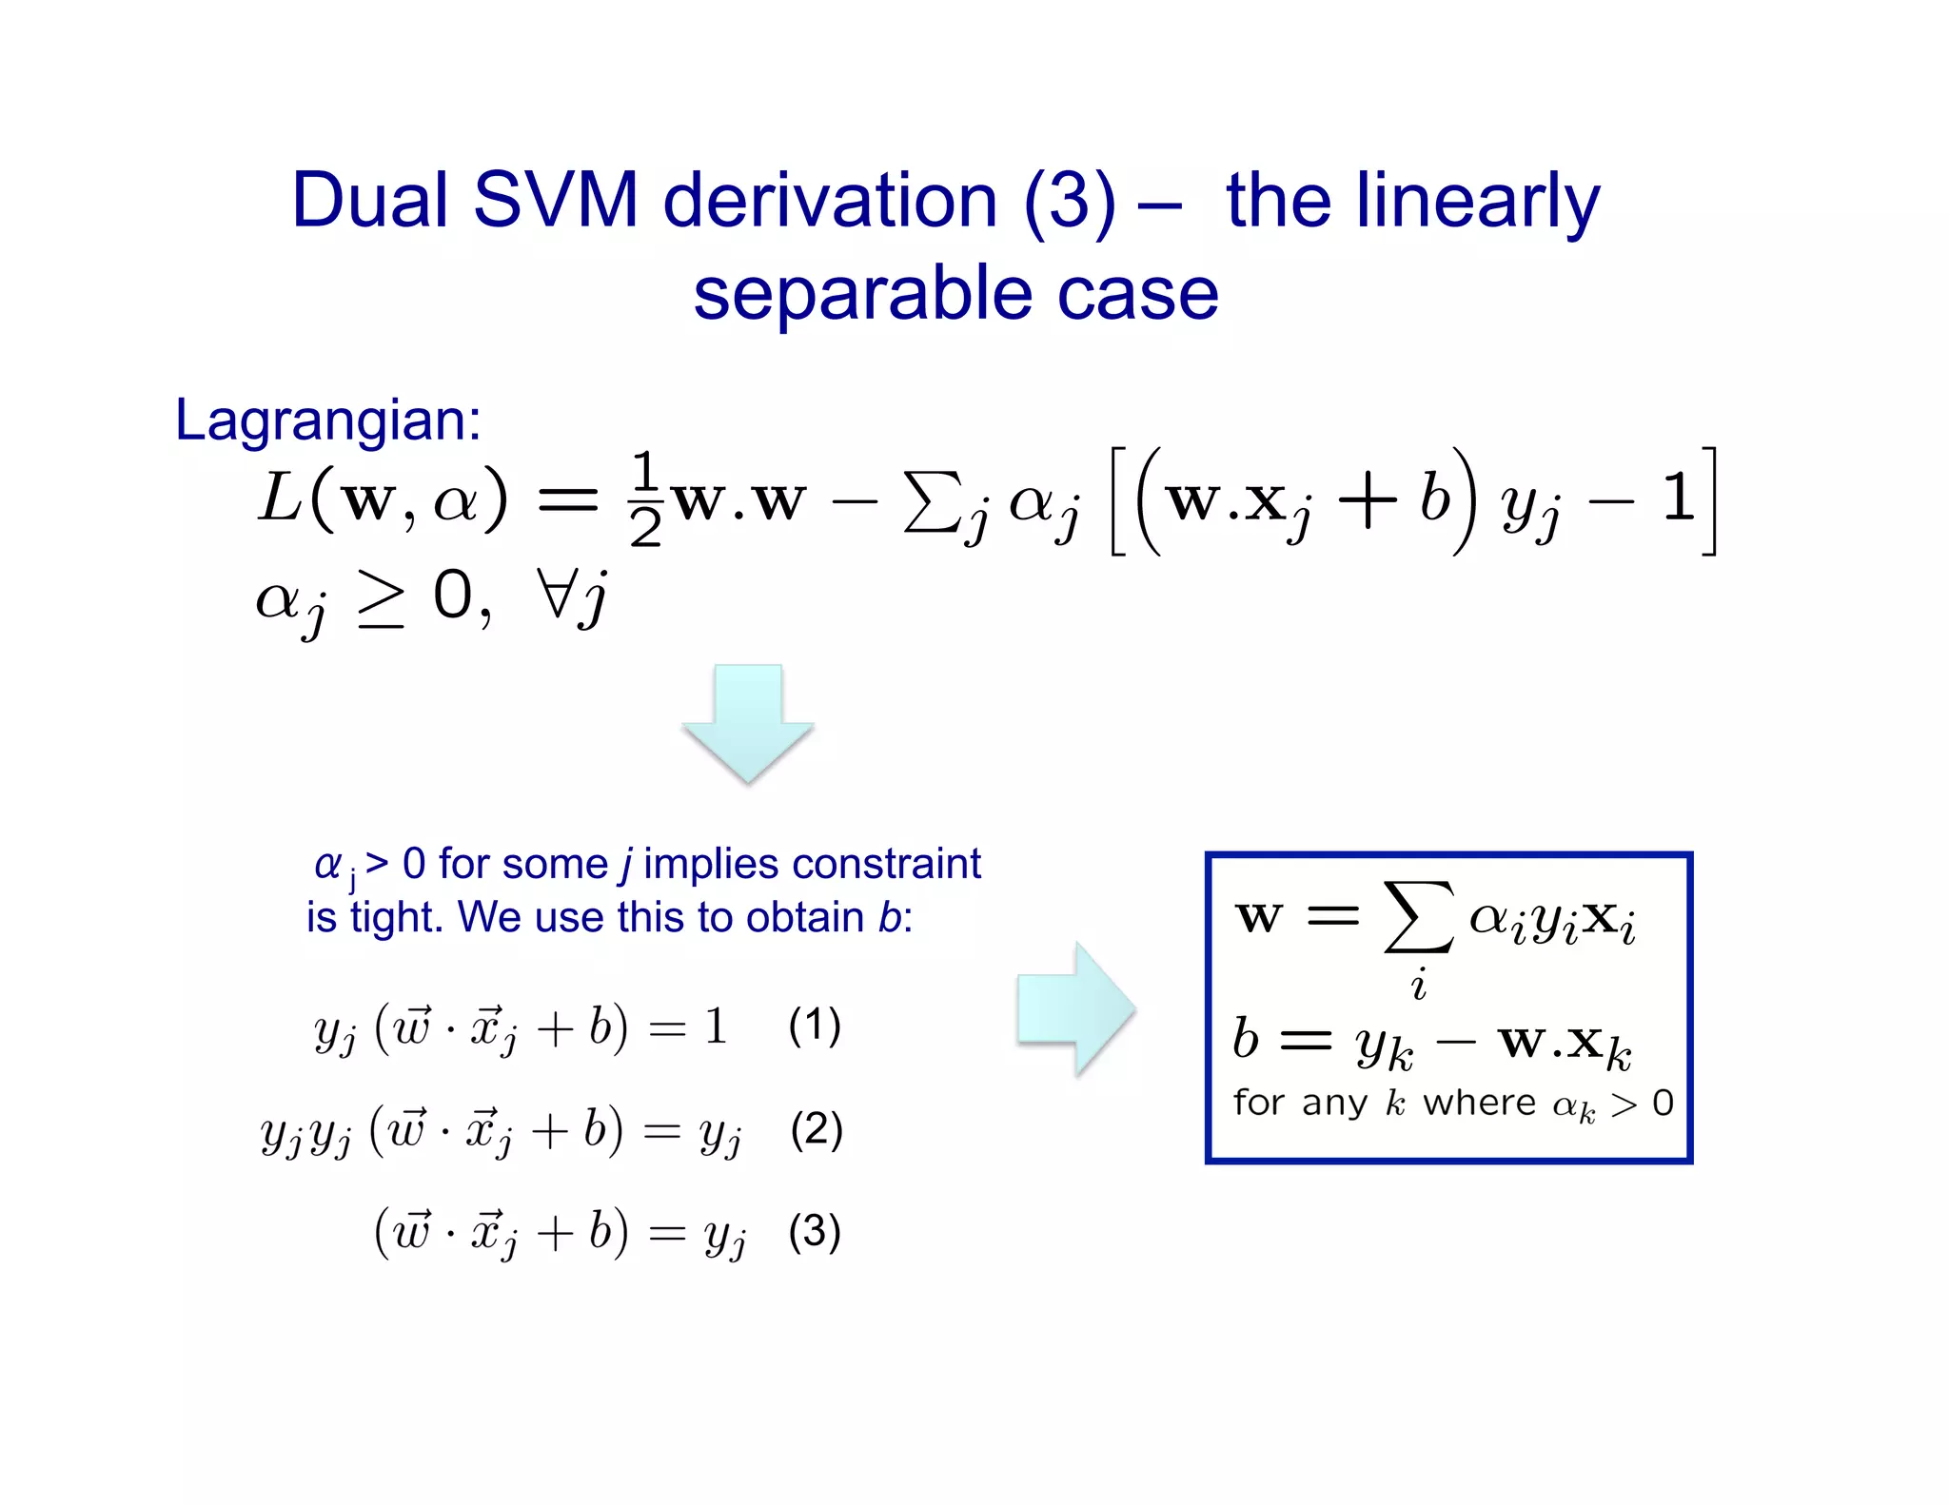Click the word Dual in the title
(369, 201)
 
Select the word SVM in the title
(555, 201)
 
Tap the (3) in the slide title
(1070, 203)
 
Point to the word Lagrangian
(327, 420)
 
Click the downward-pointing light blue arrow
(748, 723)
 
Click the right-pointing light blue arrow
(1076, 1009)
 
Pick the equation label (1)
(815, 1026)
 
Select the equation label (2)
(816, 1129)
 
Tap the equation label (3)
(815, 1231)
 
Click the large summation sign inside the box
(1418, 917)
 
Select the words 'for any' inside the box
(1301, 1103)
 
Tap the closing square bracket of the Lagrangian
(1709, 500)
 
